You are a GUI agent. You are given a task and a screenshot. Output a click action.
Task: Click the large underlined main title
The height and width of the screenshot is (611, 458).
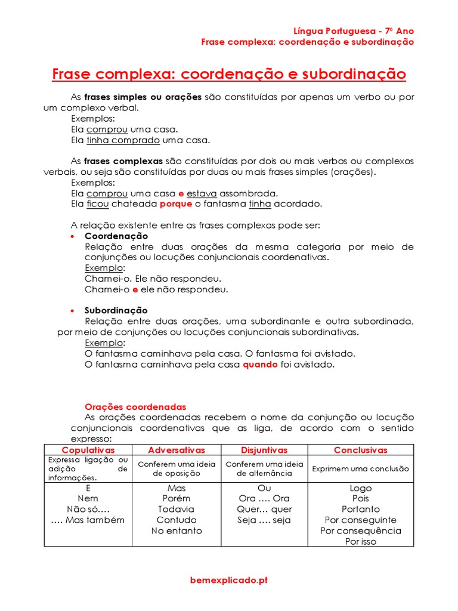tap(229, 75)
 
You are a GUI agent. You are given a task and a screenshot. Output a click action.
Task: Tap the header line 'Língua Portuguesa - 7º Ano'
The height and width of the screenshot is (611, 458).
tap(354, 31)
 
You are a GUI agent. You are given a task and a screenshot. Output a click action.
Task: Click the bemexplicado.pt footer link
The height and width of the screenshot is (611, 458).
tap(229, 579)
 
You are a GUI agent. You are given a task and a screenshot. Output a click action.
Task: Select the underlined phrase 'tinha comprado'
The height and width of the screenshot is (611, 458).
tap(123, 140)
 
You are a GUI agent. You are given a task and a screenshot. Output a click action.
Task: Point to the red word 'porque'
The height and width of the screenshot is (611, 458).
tap(176, 204)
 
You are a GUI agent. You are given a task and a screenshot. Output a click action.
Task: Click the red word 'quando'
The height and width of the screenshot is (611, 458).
tap(260, 364)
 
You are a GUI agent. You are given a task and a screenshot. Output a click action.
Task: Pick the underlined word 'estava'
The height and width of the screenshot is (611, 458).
tap(202, 193)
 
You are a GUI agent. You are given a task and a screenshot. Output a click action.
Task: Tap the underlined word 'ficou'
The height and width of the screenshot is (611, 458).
tap(98, 204)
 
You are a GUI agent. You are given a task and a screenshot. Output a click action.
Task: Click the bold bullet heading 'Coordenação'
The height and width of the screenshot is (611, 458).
tap(116, 236)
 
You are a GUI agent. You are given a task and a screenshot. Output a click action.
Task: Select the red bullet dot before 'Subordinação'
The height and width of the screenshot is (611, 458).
tap(73, 311)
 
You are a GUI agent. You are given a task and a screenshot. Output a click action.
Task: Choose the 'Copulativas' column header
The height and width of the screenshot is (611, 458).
tap(88, 450)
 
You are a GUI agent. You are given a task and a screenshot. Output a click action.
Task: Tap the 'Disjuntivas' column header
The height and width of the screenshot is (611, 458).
tap(264, 450)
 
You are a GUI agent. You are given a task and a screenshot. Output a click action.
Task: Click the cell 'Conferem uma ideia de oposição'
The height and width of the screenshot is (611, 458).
tap(176, 468)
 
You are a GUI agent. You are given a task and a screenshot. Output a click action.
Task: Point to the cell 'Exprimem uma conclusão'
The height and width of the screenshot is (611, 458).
tap(360, 468)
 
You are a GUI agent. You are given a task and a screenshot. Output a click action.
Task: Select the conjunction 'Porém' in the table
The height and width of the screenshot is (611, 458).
tap(176, 498)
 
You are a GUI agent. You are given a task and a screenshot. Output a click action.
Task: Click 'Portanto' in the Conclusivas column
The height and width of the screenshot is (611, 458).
tap(360, 509)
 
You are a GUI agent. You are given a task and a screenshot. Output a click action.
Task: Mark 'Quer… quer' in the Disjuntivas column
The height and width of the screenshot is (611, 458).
tap(264, 509)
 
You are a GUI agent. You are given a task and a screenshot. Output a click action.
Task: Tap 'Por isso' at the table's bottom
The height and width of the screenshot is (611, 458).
tap(360, 542)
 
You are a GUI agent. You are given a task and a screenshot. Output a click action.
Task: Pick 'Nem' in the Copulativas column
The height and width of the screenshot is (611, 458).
tap(88, 498)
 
